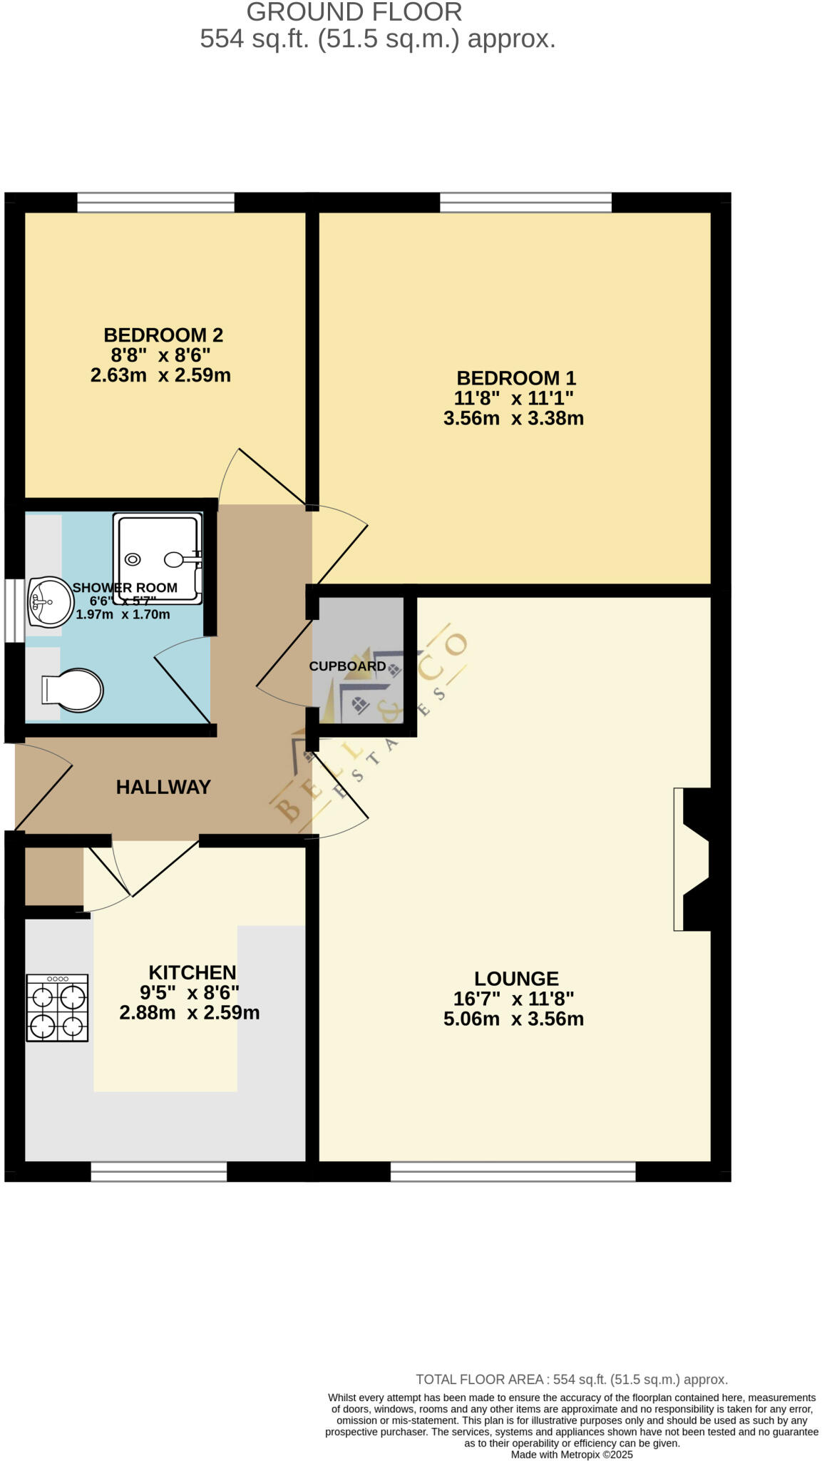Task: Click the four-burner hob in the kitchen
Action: point(57,1007)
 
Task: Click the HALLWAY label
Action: point(163,787)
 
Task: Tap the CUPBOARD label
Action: point(347,666)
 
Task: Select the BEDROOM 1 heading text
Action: point(515,377)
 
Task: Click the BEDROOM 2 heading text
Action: point(163,335)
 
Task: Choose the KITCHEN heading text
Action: point(192,972)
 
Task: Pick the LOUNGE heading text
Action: point(516,978)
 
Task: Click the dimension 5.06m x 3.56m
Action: point(513,1019)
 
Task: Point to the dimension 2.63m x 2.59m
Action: point(160,375)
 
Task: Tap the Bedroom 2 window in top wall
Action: point(155,203)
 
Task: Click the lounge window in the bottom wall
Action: point(513,1171)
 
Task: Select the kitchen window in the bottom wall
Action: point(158,1171)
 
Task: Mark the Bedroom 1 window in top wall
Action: point(525,203)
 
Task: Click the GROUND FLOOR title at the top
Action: point(354,12)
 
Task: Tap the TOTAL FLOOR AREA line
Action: point(571,1379)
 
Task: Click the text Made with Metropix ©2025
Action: point(571,1455)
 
